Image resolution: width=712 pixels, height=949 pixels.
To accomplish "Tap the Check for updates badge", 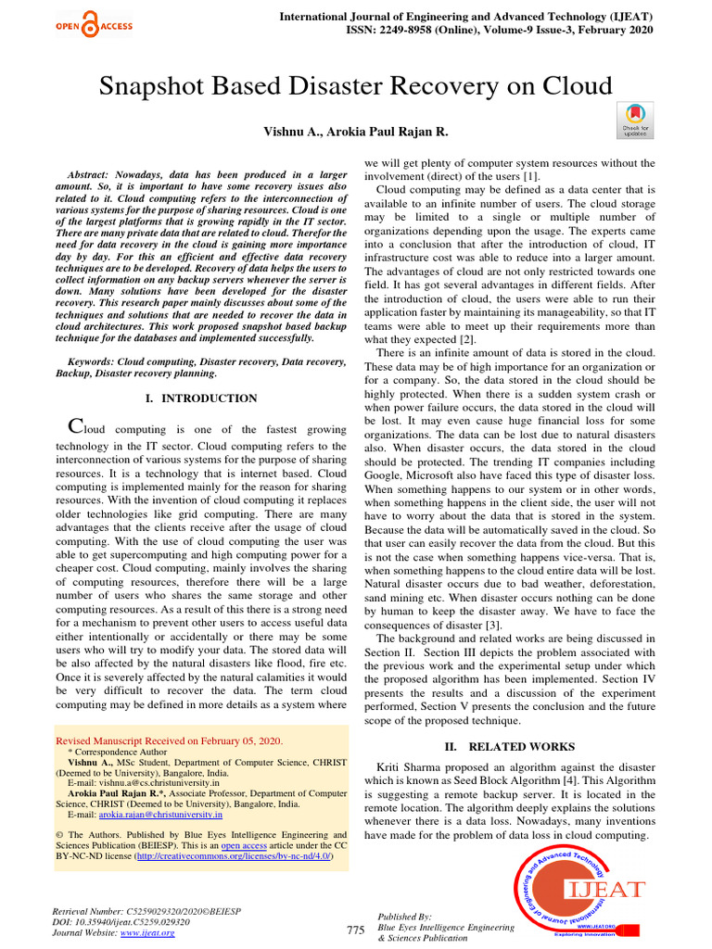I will click(635, 121).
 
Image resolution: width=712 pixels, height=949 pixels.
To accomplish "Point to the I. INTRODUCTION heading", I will click(202, 399).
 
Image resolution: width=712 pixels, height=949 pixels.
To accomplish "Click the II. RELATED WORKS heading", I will click(510, 746).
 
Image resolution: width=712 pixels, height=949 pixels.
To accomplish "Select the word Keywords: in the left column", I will click(93, 361).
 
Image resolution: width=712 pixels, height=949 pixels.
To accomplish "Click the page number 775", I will click(356, 930).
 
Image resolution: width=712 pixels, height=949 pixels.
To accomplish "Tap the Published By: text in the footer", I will click(405, 916).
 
